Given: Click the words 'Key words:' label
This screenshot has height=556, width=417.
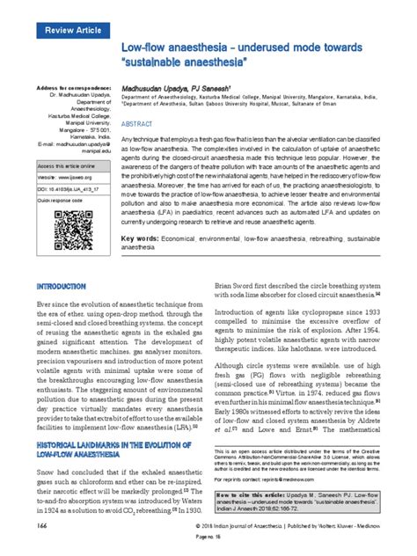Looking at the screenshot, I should coord(140,239).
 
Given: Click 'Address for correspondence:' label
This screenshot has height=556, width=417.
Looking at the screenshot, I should coord(73,89).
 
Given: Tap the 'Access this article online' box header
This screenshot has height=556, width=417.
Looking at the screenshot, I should coord(66,165).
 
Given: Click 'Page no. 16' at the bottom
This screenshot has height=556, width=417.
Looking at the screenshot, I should coord(208,546).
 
